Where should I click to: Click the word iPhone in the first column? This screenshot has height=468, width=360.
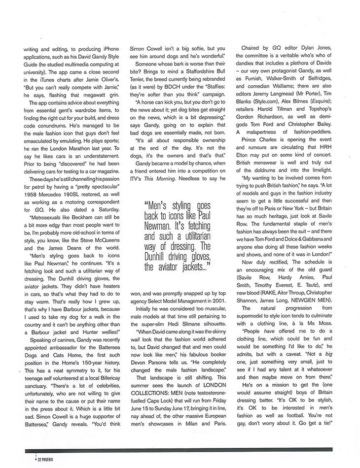(107, 49)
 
